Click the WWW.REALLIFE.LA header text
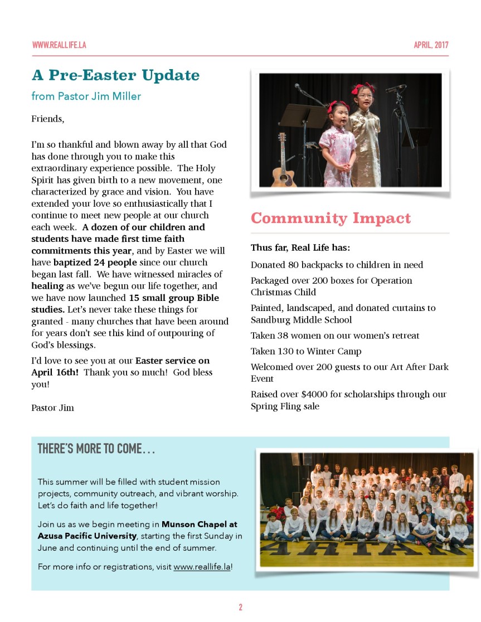[59, 45]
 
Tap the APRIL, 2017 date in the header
[431, 45]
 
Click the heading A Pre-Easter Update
[115, 75]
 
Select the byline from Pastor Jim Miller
[86, 96]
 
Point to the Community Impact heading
[331, 218]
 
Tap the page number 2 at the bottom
[240, 607]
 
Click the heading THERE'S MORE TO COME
[96, 449]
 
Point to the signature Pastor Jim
[52, 407]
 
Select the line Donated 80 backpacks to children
[337, 265]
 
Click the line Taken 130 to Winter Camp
[306, 351]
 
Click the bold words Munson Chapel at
[200, 524]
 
